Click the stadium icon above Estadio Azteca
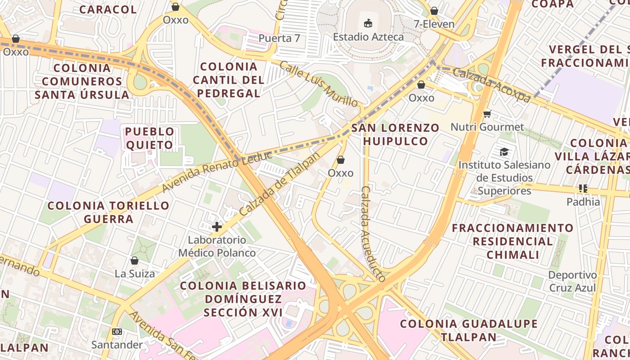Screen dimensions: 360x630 [x=368, y=23]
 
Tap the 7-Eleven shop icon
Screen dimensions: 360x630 [x=434, y=11]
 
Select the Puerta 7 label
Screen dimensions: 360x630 [x=279, y=38]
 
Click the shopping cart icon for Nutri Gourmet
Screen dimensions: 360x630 [x=487, y=114]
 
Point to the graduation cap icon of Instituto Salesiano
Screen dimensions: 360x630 [x=504, y=152]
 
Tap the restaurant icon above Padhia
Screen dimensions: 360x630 [x=583, y=189]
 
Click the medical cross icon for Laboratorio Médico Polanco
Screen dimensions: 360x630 [x=217, y=226]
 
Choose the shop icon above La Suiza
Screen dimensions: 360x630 [x=134, y=261]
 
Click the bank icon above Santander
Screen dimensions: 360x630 [x=117, y=332]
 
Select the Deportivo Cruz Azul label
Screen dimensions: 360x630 [x=572, y=281]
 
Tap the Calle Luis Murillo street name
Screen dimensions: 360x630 [x=319, y=84]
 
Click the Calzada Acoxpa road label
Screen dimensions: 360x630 [x=491, y=85]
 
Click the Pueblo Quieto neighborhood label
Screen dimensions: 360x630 [x=149, y=138]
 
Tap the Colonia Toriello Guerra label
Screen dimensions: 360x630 [x=108, y=212]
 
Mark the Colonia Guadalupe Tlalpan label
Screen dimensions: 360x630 [x=468, y=330]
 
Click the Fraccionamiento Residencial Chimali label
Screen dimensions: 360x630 [x=513, y=241]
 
